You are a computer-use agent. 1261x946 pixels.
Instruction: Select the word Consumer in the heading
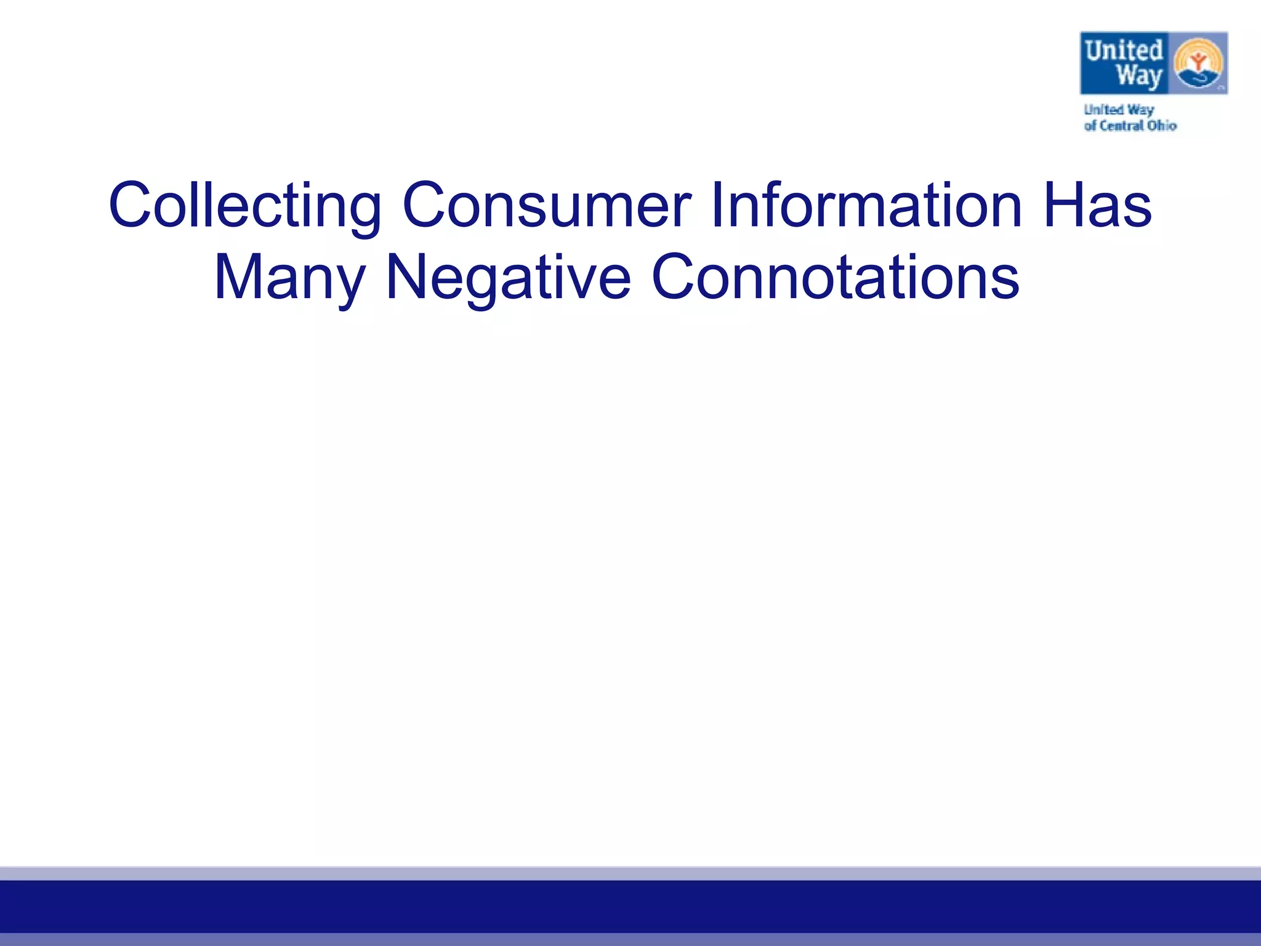[x=546, y=206]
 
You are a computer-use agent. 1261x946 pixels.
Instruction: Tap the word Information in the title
[x=866, y=204]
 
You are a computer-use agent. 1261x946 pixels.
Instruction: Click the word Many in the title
[x=289, y=278]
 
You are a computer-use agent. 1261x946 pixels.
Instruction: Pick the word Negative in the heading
[x=508, y=278]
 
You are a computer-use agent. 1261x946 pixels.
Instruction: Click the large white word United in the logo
[x=1124, y=51]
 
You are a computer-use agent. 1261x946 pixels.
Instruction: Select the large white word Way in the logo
[x=1139, y=76]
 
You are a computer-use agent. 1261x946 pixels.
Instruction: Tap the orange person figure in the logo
[x=1198, y=60]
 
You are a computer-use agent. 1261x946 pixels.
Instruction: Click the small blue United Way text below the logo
[x=1118, y=110]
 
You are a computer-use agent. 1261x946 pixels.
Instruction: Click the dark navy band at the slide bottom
[x=630, y=907]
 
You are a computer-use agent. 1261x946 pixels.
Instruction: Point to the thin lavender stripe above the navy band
[x=630, y=873]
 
